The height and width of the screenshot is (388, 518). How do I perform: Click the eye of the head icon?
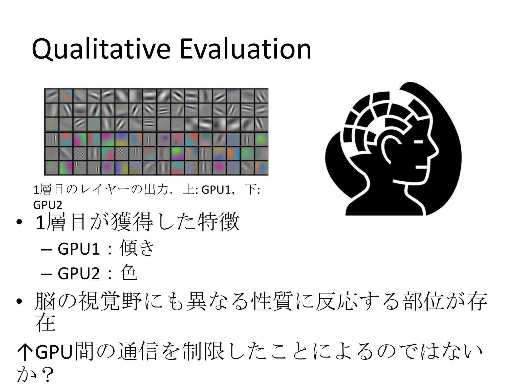click(418, 142)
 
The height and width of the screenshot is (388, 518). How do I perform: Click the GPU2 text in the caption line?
click(48, 205)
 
